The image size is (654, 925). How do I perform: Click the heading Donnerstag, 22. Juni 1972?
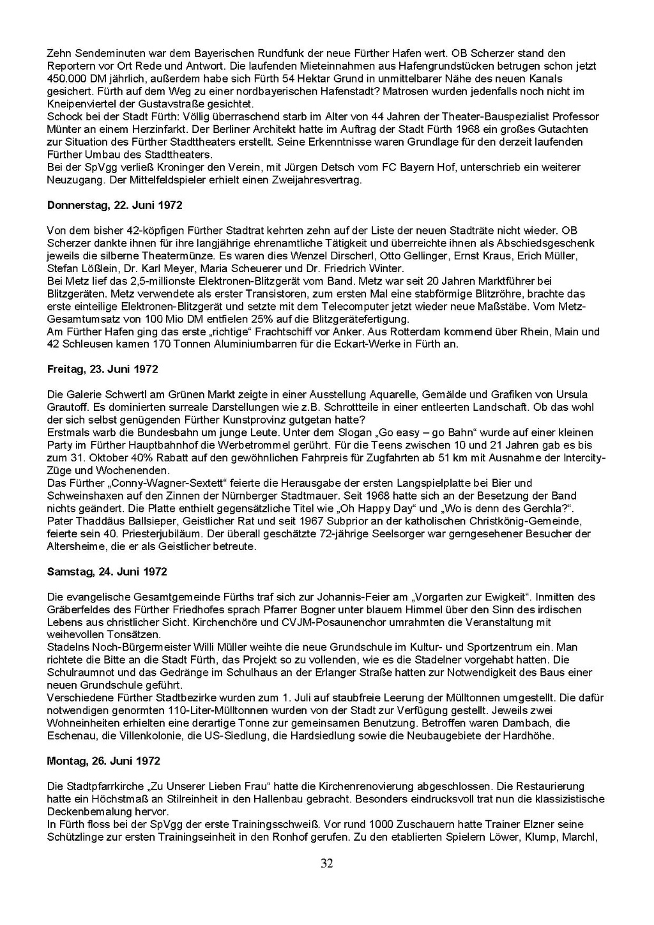(115, 205)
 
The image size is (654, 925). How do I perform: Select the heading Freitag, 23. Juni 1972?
(103, 369)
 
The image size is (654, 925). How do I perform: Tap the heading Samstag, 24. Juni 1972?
(107, 572)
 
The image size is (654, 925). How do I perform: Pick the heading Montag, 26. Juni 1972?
(103, 761)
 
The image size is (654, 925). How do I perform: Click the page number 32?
(326, 864)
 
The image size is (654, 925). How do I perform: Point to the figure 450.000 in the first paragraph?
(65, 79)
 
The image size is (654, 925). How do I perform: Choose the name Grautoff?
(67, 407)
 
